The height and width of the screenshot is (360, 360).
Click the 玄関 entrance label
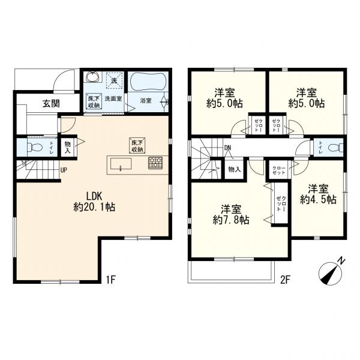coord(51,104)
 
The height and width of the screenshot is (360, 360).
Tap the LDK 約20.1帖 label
coord(94,202)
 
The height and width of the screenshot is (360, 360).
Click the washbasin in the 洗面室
coord(94,77)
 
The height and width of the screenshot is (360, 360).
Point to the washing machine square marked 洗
coord(115,80)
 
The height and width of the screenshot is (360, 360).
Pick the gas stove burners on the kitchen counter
coord(155,163)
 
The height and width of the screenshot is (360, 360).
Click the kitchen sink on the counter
coord(121,164)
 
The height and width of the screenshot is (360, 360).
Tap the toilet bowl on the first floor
coord(34,147)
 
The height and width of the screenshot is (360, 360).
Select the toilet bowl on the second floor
coord(335,147)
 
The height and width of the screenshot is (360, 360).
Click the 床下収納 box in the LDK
coord(137,146)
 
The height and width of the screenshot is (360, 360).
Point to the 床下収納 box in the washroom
coord(94,101)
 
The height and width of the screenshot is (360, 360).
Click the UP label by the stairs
coord(64,170)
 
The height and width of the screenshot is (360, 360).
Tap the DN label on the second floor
coord(227,148)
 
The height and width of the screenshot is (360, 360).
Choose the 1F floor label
coord(110,280)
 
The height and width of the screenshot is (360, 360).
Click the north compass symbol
coord(332,272)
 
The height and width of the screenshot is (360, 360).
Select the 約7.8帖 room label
coord(231,220)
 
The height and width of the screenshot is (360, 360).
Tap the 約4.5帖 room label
coord(318,200)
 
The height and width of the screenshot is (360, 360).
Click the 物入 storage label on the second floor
coord(235,169)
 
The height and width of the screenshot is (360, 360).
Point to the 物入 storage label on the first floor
coord(67,147)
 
